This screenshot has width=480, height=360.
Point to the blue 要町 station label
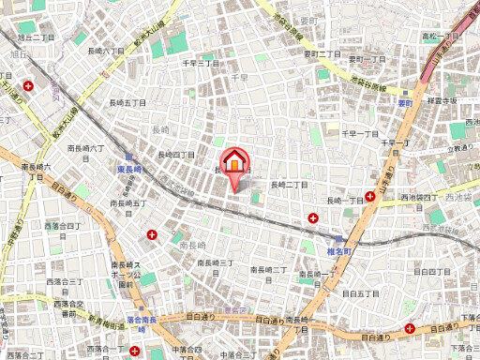pyautogui.click(x=405, y=104)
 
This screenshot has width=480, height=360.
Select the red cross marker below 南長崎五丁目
pyautogui.click(x=152, y=233)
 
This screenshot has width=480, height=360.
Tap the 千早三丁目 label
pyautogui.click(x=200, y=62)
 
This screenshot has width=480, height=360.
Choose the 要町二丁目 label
pyautogui.click(x=321, y=53)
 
